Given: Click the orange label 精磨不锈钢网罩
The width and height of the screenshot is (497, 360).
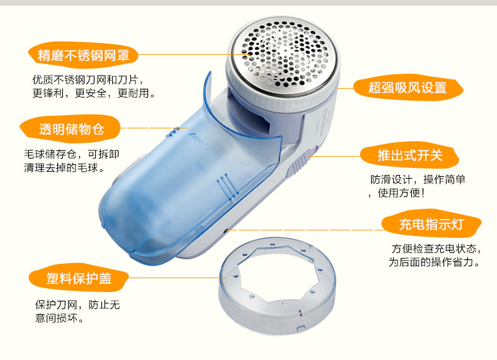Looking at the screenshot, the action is (83, 55).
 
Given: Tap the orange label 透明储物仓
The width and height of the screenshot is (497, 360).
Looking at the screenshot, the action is (71, 129).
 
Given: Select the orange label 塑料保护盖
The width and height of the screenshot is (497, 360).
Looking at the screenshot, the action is (79, 278).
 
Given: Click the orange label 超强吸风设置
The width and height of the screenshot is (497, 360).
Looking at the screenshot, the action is (408, 87).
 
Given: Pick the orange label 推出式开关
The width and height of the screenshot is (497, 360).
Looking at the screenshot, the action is (410, 155).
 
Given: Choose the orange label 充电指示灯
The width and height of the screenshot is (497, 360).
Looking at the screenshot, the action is (431, 223).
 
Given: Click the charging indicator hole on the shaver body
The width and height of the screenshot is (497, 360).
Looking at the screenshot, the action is (226, 230).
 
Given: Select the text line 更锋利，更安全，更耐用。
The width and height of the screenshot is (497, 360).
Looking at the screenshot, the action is (94, 93).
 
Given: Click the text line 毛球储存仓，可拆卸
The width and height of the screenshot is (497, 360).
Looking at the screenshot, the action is (72, 154).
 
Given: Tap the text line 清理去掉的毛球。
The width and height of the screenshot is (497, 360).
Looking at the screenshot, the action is (64, 167).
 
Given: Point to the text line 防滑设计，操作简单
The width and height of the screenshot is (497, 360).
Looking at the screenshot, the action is (418, 179).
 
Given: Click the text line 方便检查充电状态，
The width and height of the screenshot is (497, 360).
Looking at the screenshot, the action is (437, 249).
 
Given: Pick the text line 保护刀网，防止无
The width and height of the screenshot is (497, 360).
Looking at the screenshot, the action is (77, 305).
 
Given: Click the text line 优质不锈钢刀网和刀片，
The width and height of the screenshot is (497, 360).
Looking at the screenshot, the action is (89, 79).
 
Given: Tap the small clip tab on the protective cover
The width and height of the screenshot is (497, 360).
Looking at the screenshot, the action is (300, 329).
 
